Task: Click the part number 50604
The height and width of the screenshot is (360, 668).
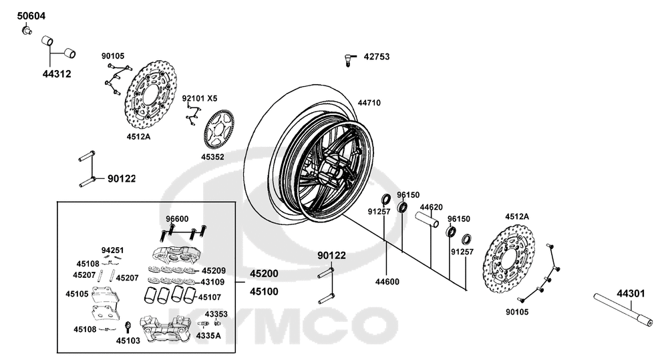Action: point(31,16)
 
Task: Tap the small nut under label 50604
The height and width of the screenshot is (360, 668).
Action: point(27,30)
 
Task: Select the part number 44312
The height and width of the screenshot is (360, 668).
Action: point(57,74)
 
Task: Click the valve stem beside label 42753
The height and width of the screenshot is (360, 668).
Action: point(349,60)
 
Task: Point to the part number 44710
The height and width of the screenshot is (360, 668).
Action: point(369,103)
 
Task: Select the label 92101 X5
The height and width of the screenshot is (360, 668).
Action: point(199,98)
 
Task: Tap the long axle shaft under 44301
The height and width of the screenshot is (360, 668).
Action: point(623,310)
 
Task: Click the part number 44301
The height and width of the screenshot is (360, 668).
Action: point(631,293)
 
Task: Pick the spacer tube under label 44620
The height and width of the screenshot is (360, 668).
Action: point(428,220)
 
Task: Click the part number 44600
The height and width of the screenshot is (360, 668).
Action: point(387,282)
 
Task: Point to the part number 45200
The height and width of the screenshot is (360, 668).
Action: point(264,274)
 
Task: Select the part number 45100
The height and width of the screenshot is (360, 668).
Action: point(264,292)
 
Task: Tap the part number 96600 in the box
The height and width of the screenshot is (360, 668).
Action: point(177,219)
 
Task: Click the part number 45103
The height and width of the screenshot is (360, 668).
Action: point(128,341)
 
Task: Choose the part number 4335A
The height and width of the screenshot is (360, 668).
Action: point(208,336)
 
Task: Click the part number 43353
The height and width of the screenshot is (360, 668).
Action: point(216,314)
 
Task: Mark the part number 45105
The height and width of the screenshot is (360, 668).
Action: point(77,294)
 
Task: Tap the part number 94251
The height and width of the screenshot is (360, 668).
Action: point(112,250)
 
